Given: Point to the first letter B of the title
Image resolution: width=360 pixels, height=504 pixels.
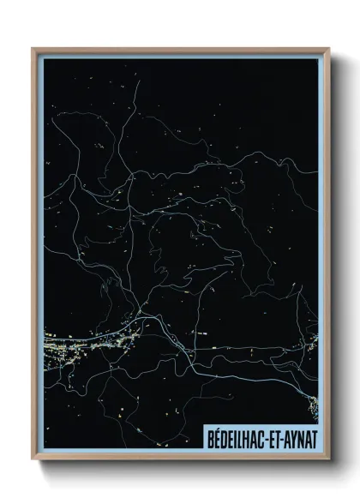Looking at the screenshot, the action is coord(210,437).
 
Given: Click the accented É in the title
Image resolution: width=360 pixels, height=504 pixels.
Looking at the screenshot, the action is coord(217,437).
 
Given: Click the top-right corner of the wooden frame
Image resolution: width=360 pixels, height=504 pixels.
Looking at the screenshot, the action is coord(328,49).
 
